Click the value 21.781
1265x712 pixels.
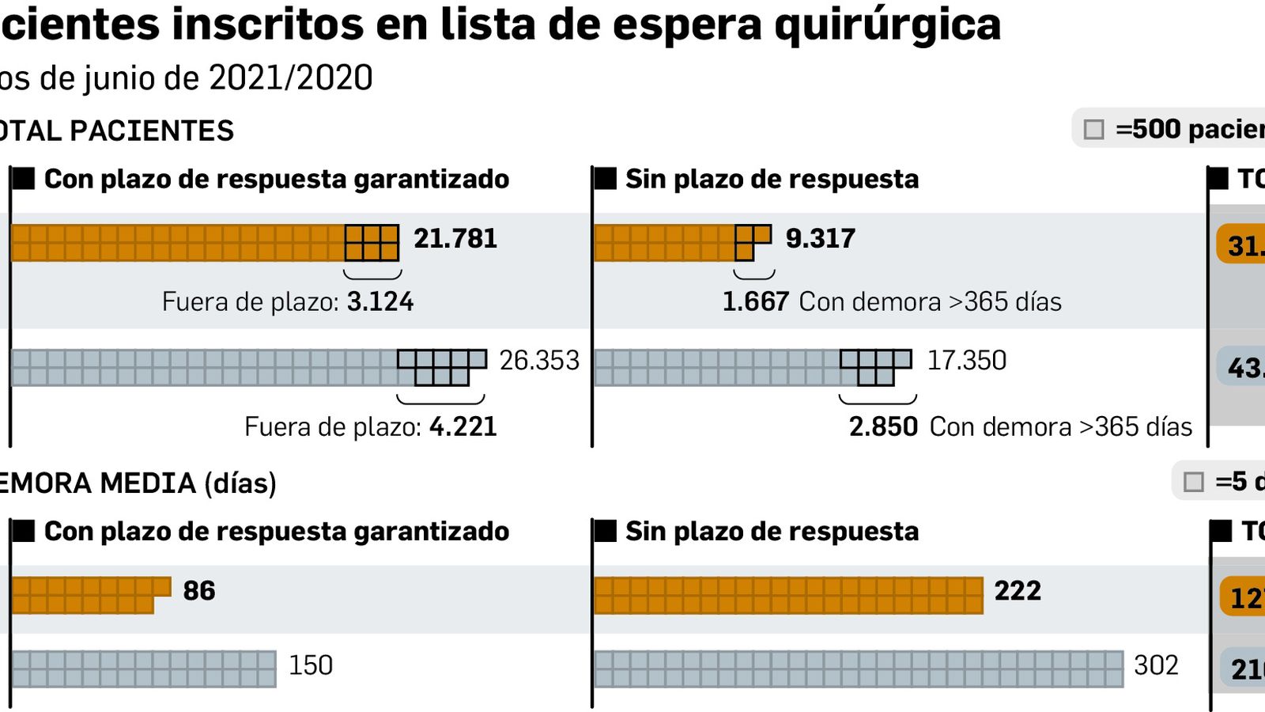coord(455,238)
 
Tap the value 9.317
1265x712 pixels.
coord(820,238)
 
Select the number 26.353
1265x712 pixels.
coord(539,361)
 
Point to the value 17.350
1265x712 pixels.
coord(966,361)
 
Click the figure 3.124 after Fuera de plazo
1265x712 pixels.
coord(380,301)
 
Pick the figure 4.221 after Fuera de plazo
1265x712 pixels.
coord(463,426)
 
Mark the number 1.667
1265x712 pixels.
coord(755,301)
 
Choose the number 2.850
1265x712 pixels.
coord(883,426)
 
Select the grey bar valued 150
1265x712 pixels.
coord(143,668)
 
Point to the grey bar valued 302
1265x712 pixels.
coord(858,668)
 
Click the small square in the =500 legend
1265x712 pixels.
coord(1093,130)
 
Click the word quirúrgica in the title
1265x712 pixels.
coord(887,24)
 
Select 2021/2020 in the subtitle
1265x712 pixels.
coord(290,78)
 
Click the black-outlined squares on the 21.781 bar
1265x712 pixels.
coord(372,243)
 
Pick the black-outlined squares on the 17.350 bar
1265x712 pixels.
coord(874,366)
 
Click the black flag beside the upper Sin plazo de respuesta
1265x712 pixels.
coord(605,179)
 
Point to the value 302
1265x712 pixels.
coord(1155,665)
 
